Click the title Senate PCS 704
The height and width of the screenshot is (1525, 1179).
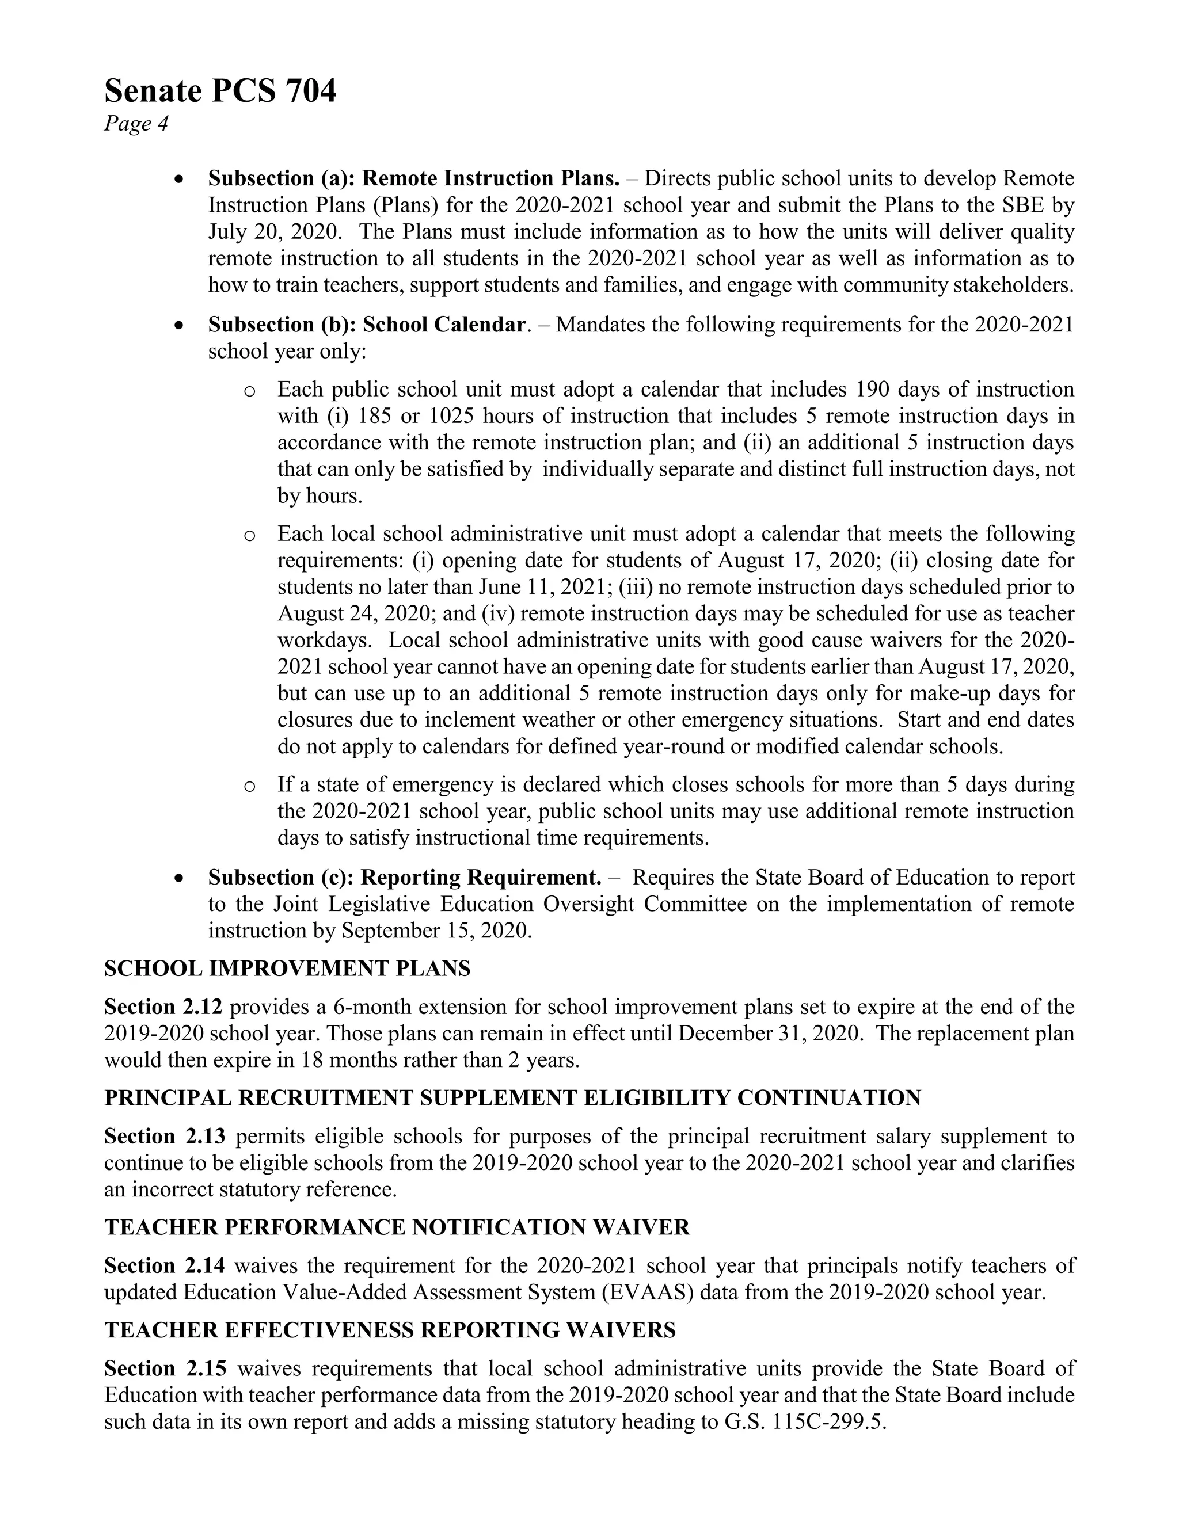pyautogui.click(x=220, y=91)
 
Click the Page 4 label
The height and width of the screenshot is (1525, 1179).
pyautogui.click(x=136, y=124)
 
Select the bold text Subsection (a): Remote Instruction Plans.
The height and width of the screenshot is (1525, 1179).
pyautogui.click(x=413, y=179)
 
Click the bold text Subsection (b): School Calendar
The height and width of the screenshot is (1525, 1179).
pyautogui.click(x=367, y=325)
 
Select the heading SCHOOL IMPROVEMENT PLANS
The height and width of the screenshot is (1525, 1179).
pyautogui.click(x=287, y=969)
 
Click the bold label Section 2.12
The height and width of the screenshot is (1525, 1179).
pyautogui.click(x=163, y=1007)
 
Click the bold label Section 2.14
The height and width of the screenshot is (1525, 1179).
pyautogui.click(x=163, y=1266)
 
